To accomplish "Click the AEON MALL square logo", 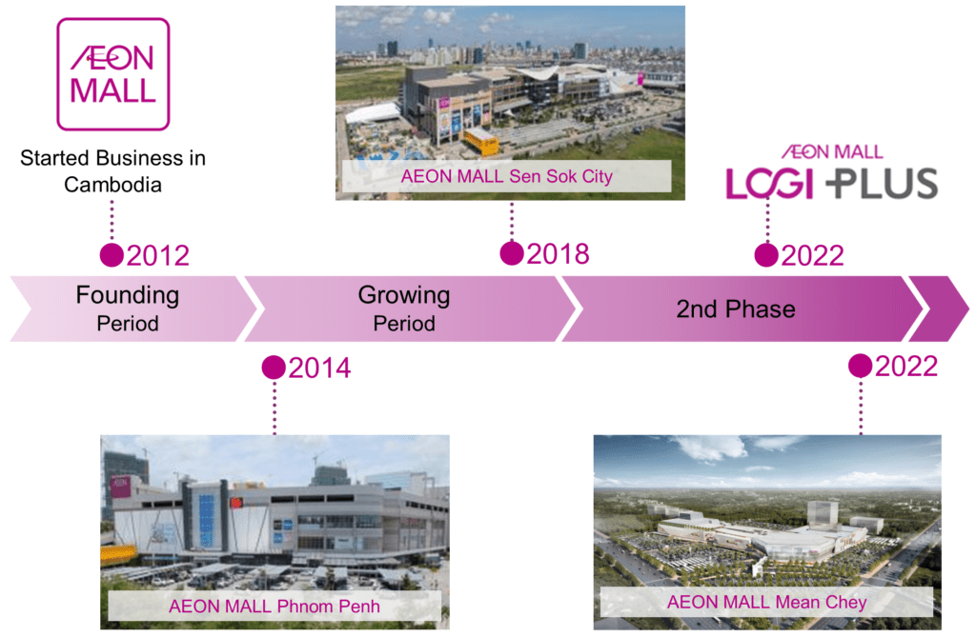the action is [x=112, y=74].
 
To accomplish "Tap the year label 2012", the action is [x=158, y=256].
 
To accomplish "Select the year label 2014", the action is [x=320, y=368].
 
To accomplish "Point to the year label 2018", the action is [x=559, y=254].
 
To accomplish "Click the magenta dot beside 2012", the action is [x=112, y=255].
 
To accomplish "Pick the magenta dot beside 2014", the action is [x=274, y=368].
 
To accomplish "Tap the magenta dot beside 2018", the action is [x=512, y=253].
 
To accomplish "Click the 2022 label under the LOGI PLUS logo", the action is [x=813, y=256].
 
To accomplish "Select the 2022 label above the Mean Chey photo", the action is [x=906, y=367].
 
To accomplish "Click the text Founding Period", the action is [x=128, y=309].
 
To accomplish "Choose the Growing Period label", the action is [x=404, y=309].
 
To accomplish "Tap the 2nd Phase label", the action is [x=736, y=309].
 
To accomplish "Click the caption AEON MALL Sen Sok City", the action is [x=507, y=177].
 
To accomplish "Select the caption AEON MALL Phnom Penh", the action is [x=274, y=607].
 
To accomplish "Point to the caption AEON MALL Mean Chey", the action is [x=767, y=602].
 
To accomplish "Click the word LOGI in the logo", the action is [x=770, y=184].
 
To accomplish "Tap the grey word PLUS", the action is [x=882, y=184].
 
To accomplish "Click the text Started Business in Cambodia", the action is [x=112, y=171].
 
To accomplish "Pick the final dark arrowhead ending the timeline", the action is [x=939, y=309].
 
